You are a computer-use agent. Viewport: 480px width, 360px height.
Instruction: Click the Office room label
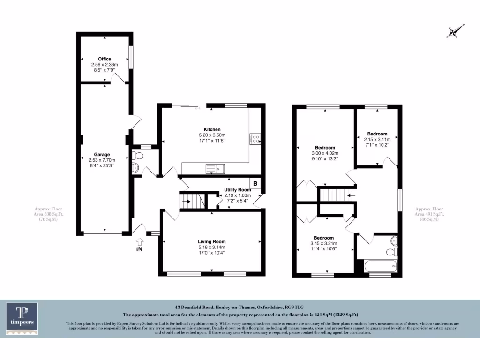(105, 59)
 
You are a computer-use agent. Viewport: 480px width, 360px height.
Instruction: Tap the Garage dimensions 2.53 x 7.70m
(102, 160)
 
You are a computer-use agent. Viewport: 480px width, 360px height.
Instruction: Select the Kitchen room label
(212, 129)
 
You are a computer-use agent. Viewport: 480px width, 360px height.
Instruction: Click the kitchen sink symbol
(216, 168)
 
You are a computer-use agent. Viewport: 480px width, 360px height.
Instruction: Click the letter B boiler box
(255, 183)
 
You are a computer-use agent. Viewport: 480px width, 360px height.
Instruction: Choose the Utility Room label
(238, 190)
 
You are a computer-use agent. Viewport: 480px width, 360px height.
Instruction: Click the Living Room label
(212, 242)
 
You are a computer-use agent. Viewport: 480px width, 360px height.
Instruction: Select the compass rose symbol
(454, 32)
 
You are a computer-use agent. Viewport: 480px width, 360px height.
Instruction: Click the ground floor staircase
(192, 202)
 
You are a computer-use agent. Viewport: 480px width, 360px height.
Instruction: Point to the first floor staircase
(336, 194)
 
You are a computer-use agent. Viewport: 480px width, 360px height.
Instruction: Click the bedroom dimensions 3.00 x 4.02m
(325, 153)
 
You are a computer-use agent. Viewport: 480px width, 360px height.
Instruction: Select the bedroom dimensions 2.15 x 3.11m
(377, 140)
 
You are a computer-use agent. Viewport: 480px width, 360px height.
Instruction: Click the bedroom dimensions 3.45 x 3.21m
(324, 243)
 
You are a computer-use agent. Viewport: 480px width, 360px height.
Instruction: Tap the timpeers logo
(22, 318)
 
